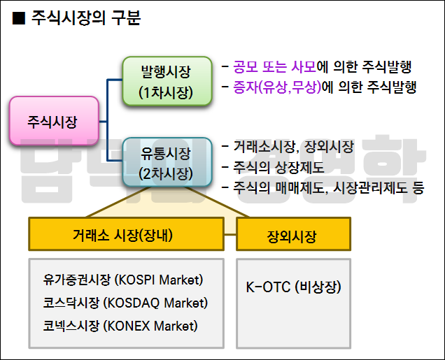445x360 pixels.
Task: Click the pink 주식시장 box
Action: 52,122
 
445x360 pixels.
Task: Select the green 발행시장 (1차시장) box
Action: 166,81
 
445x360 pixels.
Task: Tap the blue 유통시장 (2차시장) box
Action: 166,163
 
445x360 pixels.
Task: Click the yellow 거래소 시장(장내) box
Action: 132,234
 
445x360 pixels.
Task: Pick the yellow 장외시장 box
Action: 292,236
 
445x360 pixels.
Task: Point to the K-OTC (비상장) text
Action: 293,287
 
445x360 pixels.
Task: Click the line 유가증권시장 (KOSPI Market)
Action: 122,280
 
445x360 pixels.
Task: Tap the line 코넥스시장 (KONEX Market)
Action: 120,326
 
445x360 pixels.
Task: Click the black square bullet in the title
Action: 20,20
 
